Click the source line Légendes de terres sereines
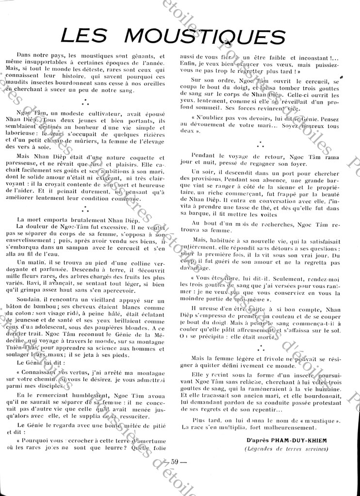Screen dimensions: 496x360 tap(286, 448)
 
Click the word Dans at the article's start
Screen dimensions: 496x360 tap(25, 57)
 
